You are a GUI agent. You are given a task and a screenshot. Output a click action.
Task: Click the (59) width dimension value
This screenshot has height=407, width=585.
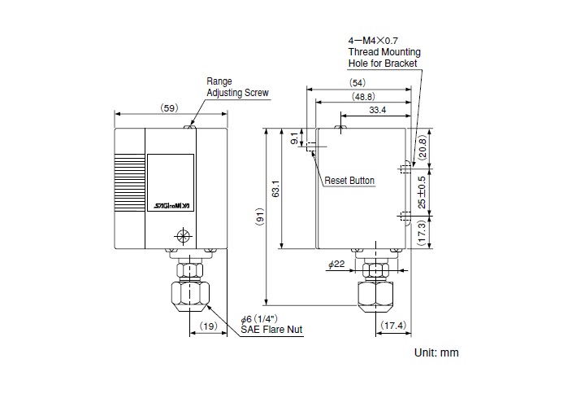pyautogui.click(x=169, y=108)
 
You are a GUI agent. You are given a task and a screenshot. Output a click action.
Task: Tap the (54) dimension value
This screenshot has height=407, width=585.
pyautogui.click(x=357, y=82)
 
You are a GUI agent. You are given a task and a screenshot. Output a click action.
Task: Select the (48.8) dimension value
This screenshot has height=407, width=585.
pyautogui.click(x=363, y=97)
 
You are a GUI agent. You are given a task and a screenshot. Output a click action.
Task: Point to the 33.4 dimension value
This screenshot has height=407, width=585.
pyautogui.click(x=378, y=110)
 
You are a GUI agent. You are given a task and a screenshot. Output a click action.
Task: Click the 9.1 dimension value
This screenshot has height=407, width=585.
pyautogui.click(x=294, y=138)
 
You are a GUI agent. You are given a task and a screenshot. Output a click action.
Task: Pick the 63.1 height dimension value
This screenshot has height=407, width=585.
pyautogui.click(x=275, y=189)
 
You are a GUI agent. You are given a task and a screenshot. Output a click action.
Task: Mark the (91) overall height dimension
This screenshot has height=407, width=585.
pyautogui.click(x=260, y=217)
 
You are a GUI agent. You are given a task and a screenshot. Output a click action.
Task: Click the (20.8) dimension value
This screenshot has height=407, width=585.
pyautogui.click(x=422, y=148)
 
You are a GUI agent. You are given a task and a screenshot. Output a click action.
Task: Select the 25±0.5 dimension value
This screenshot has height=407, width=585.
pyautogui.click(x=422, y=192)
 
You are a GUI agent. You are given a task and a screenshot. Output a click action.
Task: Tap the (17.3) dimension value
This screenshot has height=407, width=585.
pyautogui.click(x=422, y=233)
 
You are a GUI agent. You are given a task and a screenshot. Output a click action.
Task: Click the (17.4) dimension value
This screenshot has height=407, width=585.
pyautogui.click(x=393, y=326)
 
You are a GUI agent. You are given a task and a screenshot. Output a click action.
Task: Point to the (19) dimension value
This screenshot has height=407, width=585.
pyautogui.click(x=208, y=326)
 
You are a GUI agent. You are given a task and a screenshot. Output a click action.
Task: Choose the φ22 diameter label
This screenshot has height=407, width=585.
pyautogui.click(x=336, y=265)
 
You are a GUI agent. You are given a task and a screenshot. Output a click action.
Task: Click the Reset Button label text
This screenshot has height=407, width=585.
pyautogui.click(x=349, y=181)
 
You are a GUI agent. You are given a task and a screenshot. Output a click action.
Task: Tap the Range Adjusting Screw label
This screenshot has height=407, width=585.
pyautogui.click(x=237, y=87)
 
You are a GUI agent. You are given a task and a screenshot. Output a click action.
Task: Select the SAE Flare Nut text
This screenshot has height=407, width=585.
pyautogui.click(x=271, y=330)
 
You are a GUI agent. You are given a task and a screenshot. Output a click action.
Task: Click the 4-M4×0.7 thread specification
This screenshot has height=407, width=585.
pyautogui.click(x=373, y=41)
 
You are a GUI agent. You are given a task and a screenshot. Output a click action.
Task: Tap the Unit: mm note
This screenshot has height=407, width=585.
pyautogui.click(x=436, y=352)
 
